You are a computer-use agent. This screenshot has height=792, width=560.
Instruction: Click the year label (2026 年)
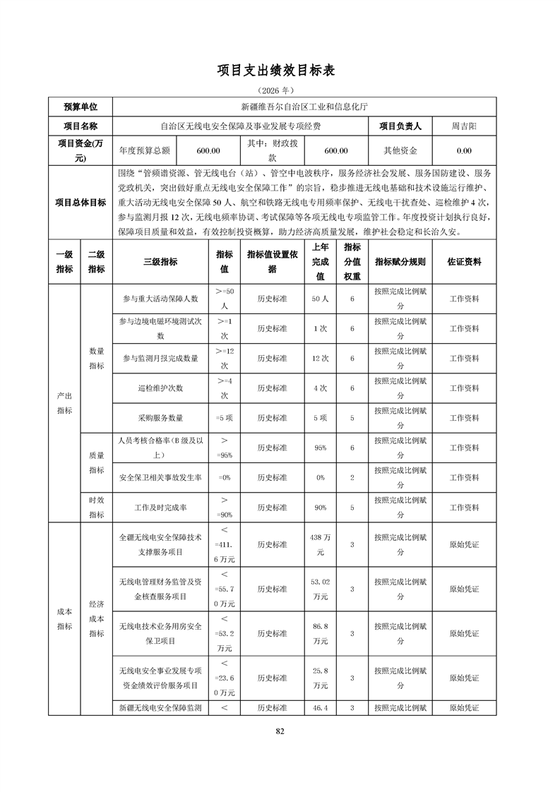[280, 91]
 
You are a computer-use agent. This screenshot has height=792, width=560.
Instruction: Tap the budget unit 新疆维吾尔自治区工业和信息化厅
[304, 107]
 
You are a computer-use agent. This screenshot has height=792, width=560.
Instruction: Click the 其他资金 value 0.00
[464, 150]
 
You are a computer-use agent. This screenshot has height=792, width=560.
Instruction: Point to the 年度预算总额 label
[145, 150]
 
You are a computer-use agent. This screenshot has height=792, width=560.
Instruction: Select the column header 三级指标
[160, 261]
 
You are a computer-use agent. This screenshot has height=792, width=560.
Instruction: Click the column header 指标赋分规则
[400, 261]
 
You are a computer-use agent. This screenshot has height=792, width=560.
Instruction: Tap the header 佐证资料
[464, 261]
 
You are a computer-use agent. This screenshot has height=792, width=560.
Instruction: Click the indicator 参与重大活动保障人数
[160, 299]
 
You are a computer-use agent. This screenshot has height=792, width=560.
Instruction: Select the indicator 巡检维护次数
[160, 388]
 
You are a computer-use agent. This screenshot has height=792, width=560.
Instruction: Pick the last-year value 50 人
[320, 299]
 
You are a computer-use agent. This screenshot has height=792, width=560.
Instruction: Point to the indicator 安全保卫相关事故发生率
[160, 477]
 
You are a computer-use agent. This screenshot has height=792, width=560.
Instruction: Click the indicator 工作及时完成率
[160, 508]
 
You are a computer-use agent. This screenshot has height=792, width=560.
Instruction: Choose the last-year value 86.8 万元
[320, 633]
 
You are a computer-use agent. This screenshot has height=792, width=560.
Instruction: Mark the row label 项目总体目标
[81, 203]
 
